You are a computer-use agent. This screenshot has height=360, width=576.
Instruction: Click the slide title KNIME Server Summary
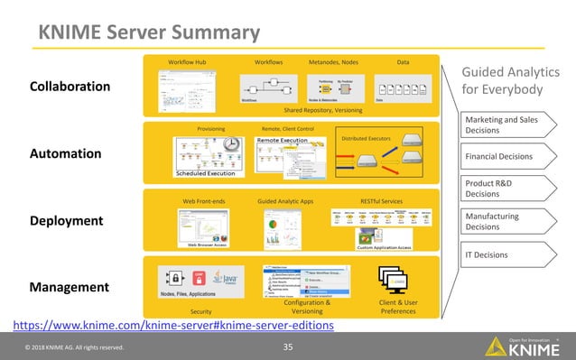click(149, 33)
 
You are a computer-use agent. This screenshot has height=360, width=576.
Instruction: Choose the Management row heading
click(70, 287)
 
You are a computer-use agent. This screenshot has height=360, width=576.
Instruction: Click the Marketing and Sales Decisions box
click(501, 125)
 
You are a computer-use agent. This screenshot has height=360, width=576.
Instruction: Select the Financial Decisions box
click(501, 156)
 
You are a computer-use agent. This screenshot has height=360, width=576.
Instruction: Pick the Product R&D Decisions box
click(501, 188)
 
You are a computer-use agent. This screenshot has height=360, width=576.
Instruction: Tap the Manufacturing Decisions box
click(501, 222)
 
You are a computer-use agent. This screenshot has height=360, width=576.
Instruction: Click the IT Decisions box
click(501, 255)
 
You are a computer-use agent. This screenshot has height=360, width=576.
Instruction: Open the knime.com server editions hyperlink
click(172, 325)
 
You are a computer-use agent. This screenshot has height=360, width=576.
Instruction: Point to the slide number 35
click(288, 346)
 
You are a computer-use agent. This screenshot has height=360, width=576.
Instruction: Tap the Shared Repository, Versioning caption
click(323, 110)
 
